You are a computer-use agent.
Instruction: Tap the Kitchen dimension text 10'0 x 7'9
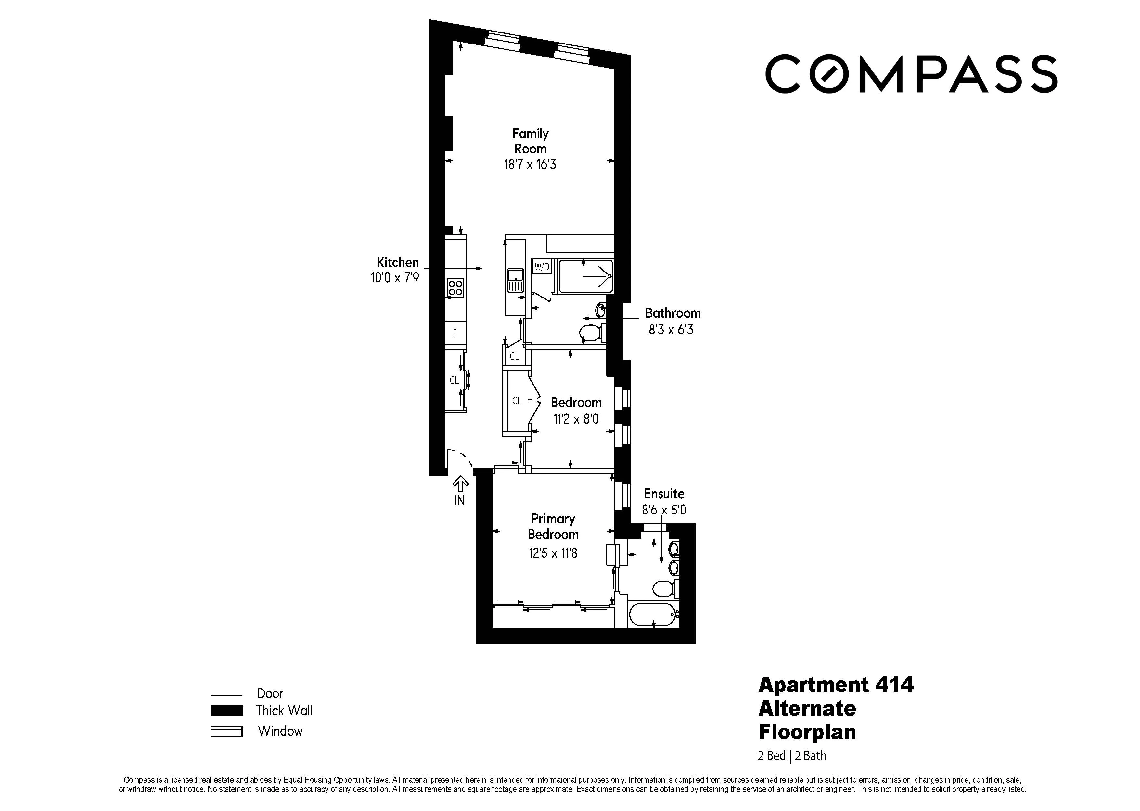click(394, 278)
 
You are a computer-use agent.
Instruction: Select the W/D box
click(542, 267)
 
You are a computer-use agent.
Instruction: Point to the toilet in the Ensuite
click(664, 589)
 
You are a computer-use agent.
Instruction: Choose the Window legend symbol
click(226, 731)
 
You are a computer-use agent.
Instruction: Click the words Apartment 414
click(836, 685)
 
